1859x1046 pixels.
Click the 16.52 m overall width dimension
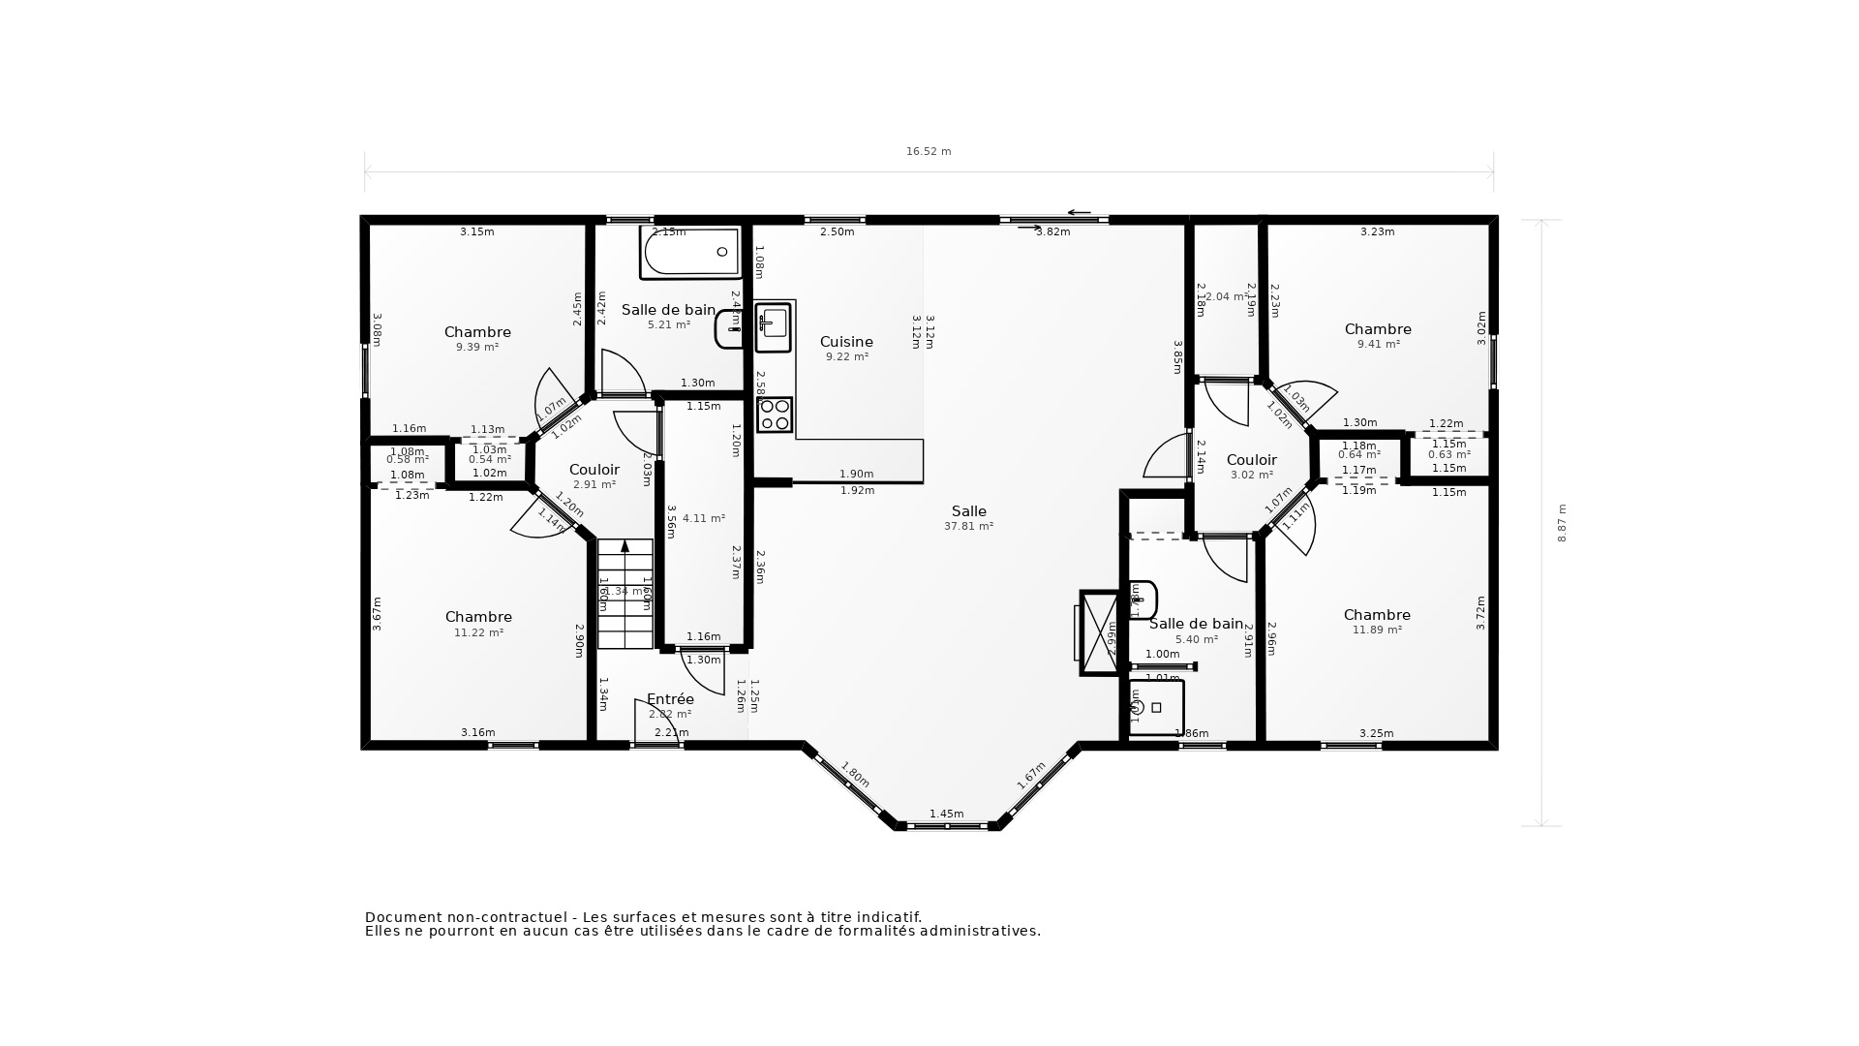click(929, 151)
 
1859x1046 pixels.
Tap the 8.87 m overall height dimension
click(1562, 523)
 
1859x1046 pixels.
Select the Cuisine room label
click(846, 342)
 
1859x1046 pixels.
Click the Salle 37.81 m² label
click(968, 518)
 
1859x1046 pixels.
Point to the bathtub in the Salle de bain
click(689, 252)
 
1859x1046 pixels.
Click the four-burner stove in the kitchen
click(775, 415)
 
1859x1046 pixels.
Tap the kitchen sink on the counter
click(774, 326)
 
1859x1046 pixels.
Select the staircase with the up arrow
click(625, 593)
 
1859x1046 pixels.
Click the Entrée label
click(670, 699)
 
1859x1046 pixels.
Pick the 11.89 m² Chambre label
click(1377, 621)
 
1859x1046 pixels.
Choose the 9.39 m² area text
click(477, 347)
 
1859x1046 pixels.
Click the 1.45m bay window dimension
click(946, 814)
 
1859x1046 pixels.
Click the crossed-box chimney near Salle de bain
click(1099, 632)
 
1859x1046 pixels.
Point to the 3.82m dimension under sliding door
click(1052, 231)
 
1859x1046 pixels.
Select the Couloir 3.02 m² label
click(1251, 466)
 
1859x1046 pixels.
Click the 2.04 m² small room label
click(1226, 297)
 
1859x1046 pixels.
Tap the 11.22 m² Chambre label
click(478, 624)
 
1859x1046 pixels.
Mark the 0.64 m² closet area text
click(1358, 454)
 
